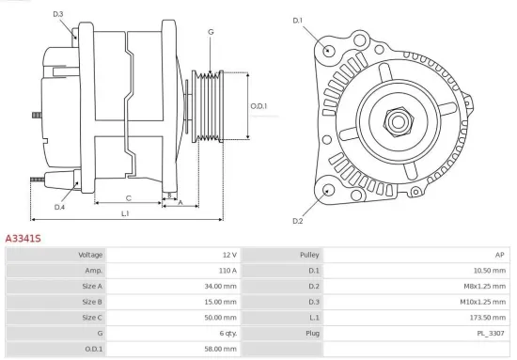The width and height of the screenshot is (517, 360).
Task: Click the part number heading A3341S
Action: click(x=23, y=240)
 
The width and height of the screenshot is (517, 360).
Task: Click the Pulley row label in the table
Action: click(x=309, y=255)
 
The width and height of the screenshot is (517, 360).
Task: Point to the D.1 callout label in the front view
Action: click(x=298, y=20)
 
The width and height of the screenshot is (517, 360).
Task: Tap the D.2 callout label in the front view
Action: click(x=298, y=221)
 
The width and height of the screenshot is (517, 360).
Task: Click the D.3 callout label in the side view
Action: click(x=58, y=14)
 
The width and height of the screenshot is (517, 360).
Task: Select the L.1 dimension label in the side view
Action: click(x=125, y=214)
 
